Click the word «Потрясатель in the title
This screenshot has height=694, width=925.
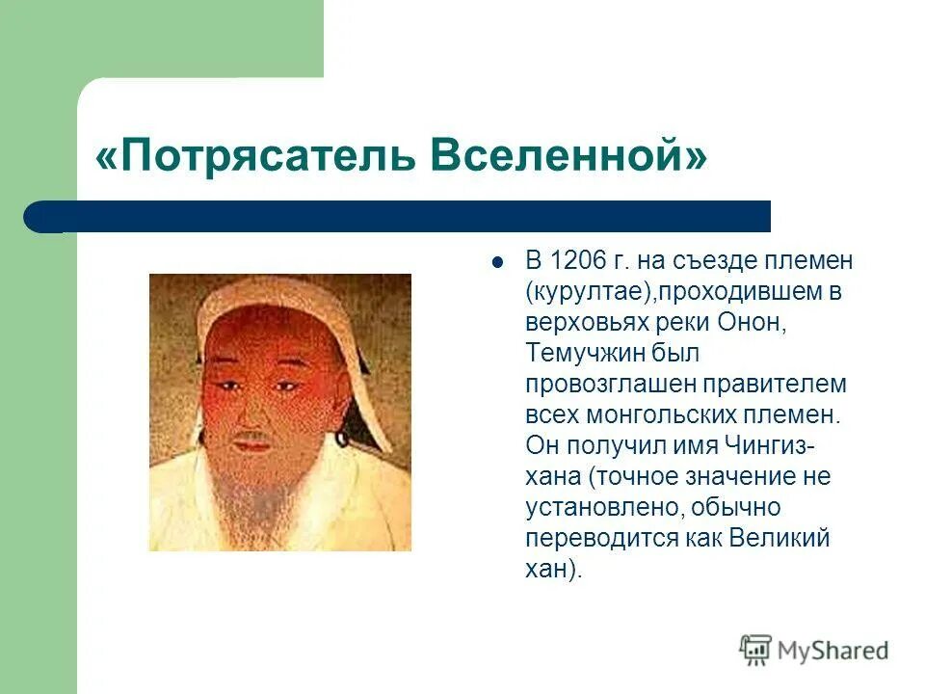tap(246, 156)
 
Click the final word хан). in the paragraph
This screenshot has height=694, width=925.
tap(553, 569)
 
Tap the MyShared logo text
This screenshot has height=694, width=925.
tap(834, 651)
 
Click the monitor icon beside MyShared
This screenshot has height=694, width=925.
tap(756, 651)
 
